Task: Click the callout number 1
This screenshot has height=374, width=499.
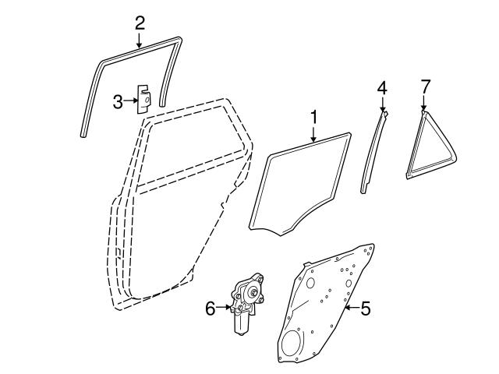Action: (x=314, y=118)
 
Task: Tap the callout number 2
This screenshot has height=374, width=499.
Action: (x=140, y=22)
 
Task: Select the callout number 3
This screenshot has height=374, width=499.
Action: (x=118, y=101)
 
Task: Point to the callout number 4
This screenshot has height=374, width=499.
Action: (x=382, y=88)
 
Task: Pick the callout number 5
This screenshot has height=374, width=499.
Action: (x=366, y=309)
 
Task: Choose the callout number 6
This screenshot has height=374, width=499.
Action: (x=210, y=309)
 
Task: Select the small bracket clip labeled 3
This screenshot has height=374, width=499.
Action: (x=145, y=99)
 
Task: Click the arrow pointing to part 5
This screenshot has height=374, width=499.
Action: (x=349, y=309)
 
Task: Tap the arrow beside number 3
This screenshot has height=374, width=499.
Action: (x=131, y=101)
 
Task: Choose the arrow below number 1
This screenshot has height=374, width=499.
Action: (x=314, y=135)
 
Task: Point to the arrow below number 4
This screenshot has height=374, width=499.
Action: (x=382, y=104)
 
